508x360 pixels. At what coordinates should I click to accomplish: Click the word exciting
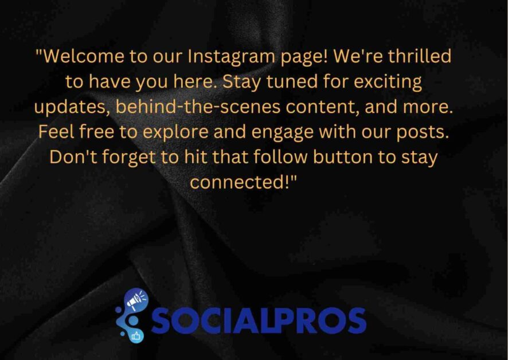(388, 82)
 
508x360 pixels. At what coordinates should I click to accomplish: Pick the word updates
(72, 107)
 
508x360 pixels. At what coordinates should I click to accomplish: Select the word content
(322, 107)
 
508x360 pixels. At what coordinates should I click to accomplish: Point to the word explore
(175, 132)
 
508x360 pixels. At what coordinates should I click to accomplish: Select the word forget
(129, 158)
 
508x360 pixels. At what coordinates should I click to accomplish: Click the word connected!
(243, 182)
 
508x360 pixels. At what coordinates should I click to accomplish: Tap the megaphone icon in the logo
(135, 300)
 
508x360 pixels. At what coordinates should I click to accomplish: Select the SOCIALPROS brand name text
(258, 320)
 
